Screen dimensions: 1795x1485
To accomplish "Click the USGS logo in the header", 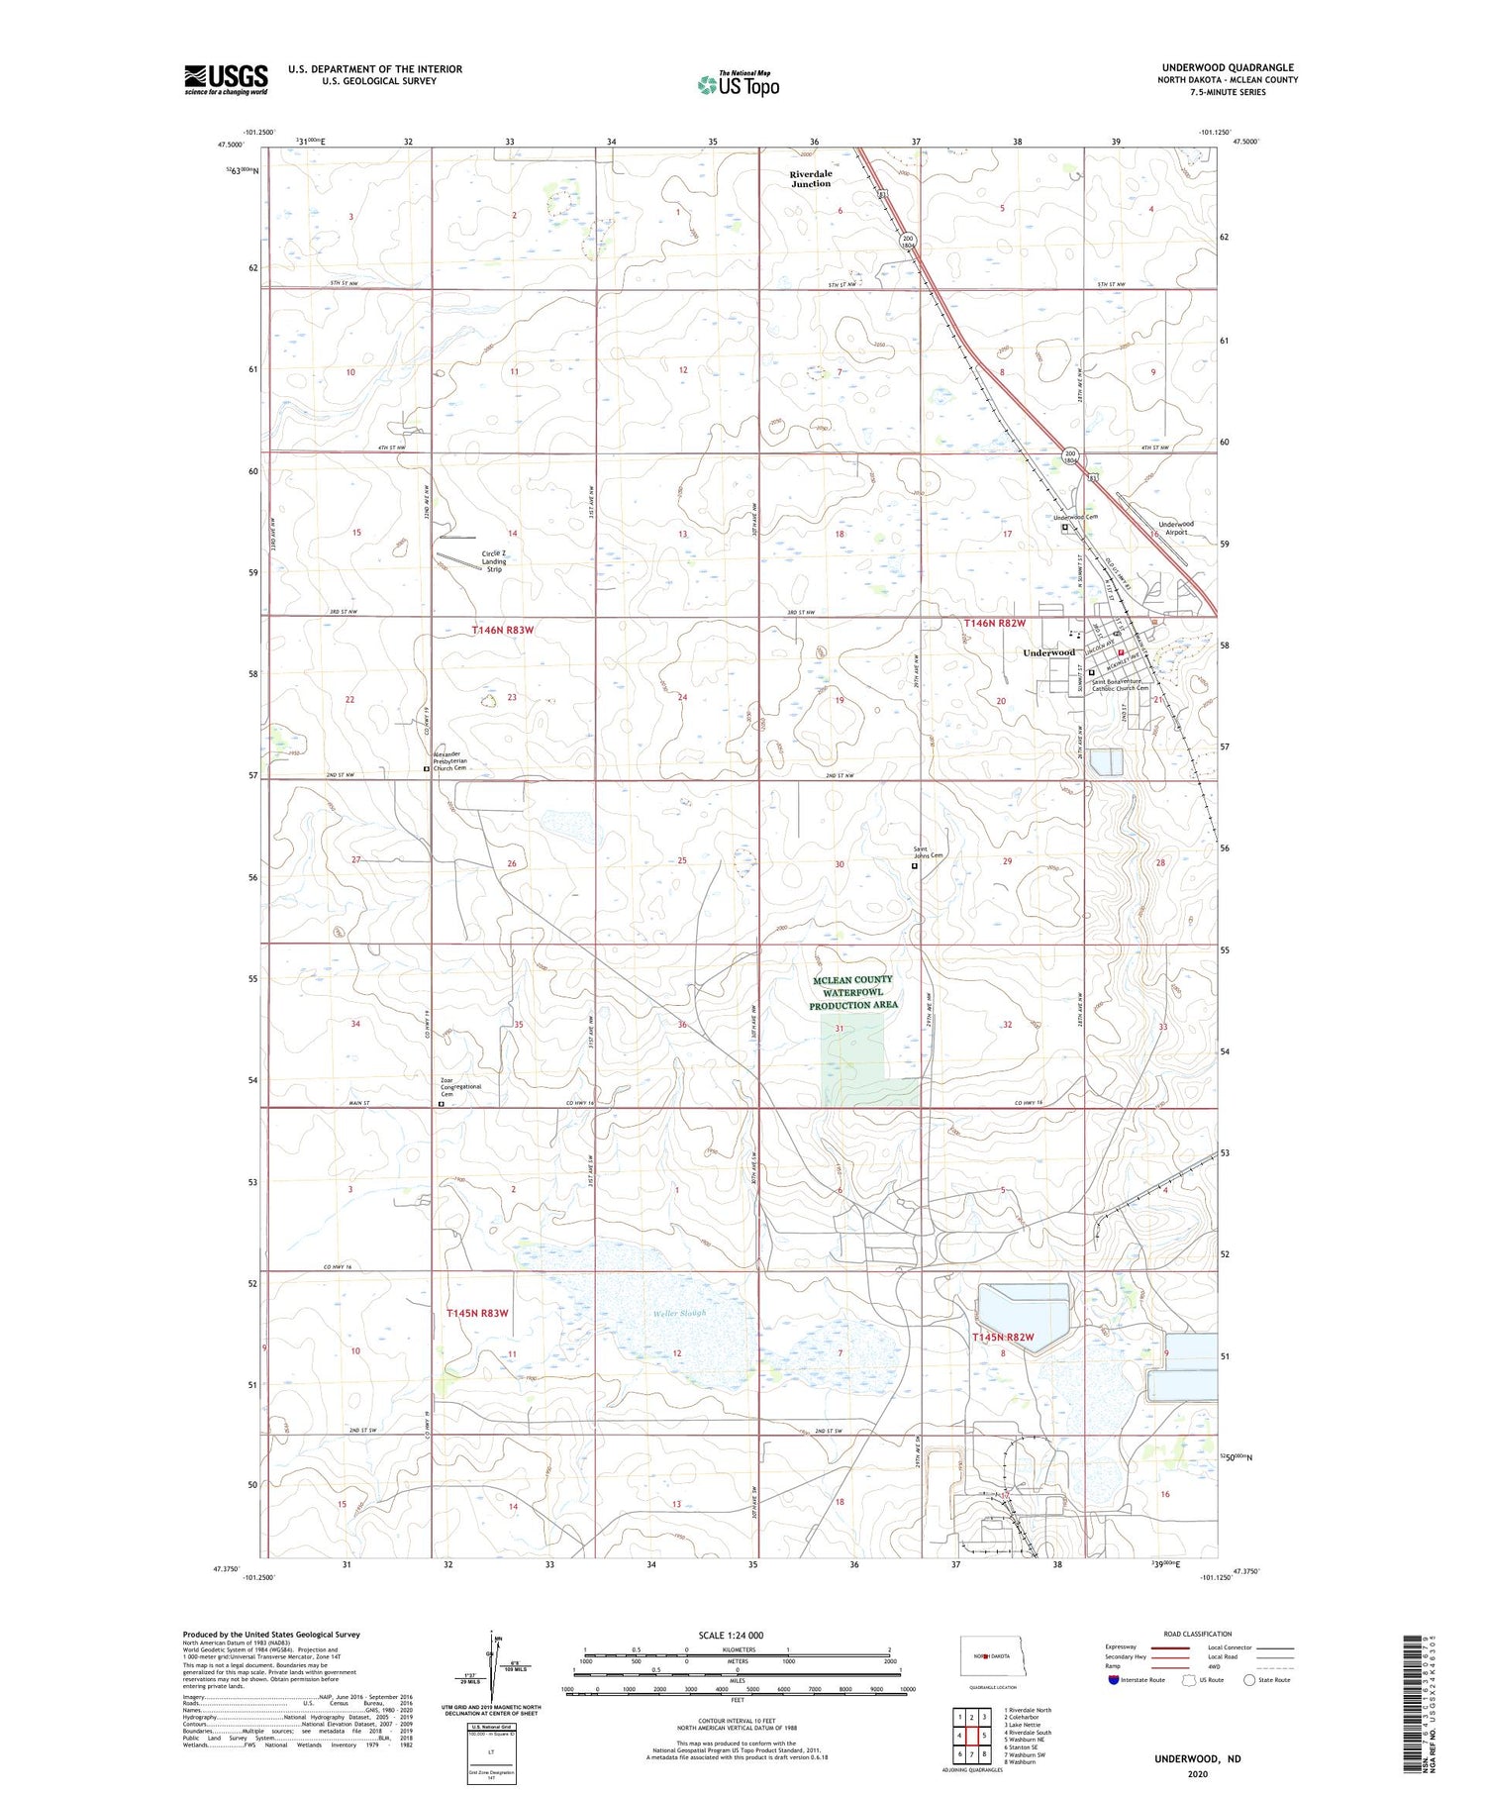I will point(226,79).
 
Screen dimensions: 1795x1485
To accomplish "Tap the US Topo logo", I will point(739,85).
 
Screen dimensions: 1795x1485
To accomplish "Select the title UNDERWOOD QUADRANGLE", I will point(1228,67).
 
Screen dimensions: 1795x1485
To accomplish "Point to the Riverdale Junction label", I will point(811,178).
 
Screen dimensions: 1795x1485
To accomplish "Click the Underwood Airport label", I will point(1176,528).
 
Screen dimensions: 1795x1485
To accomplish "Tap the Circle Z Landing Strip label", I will point(494,561).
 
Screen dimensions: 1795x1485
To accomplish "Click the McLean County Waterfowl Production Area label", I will point(852,992).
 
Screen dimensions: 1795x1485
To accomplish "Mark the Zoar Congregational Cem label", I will point(461,1089).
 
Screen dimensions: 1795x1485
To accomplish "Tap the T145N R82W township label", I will point(1003,1337).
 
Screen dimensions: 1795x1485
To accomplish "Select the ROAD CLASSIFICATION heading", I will point(1198,1634).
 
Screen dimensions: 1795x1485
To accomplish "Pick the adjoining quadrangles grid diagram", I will point(971,1734).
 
